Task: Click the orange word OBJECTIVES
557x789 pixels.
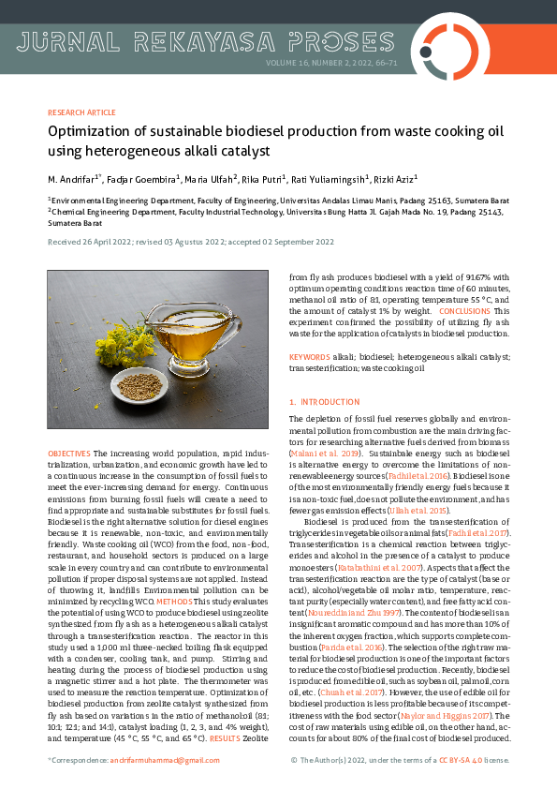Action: pyautogui.click(x=68, y=454)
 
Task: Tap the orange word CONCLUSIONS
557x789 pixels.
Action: pyautogui.click(x=463, y=310)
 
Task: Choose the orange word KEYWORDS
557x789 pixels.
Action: pyautogui.click(x=309, y=357)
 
